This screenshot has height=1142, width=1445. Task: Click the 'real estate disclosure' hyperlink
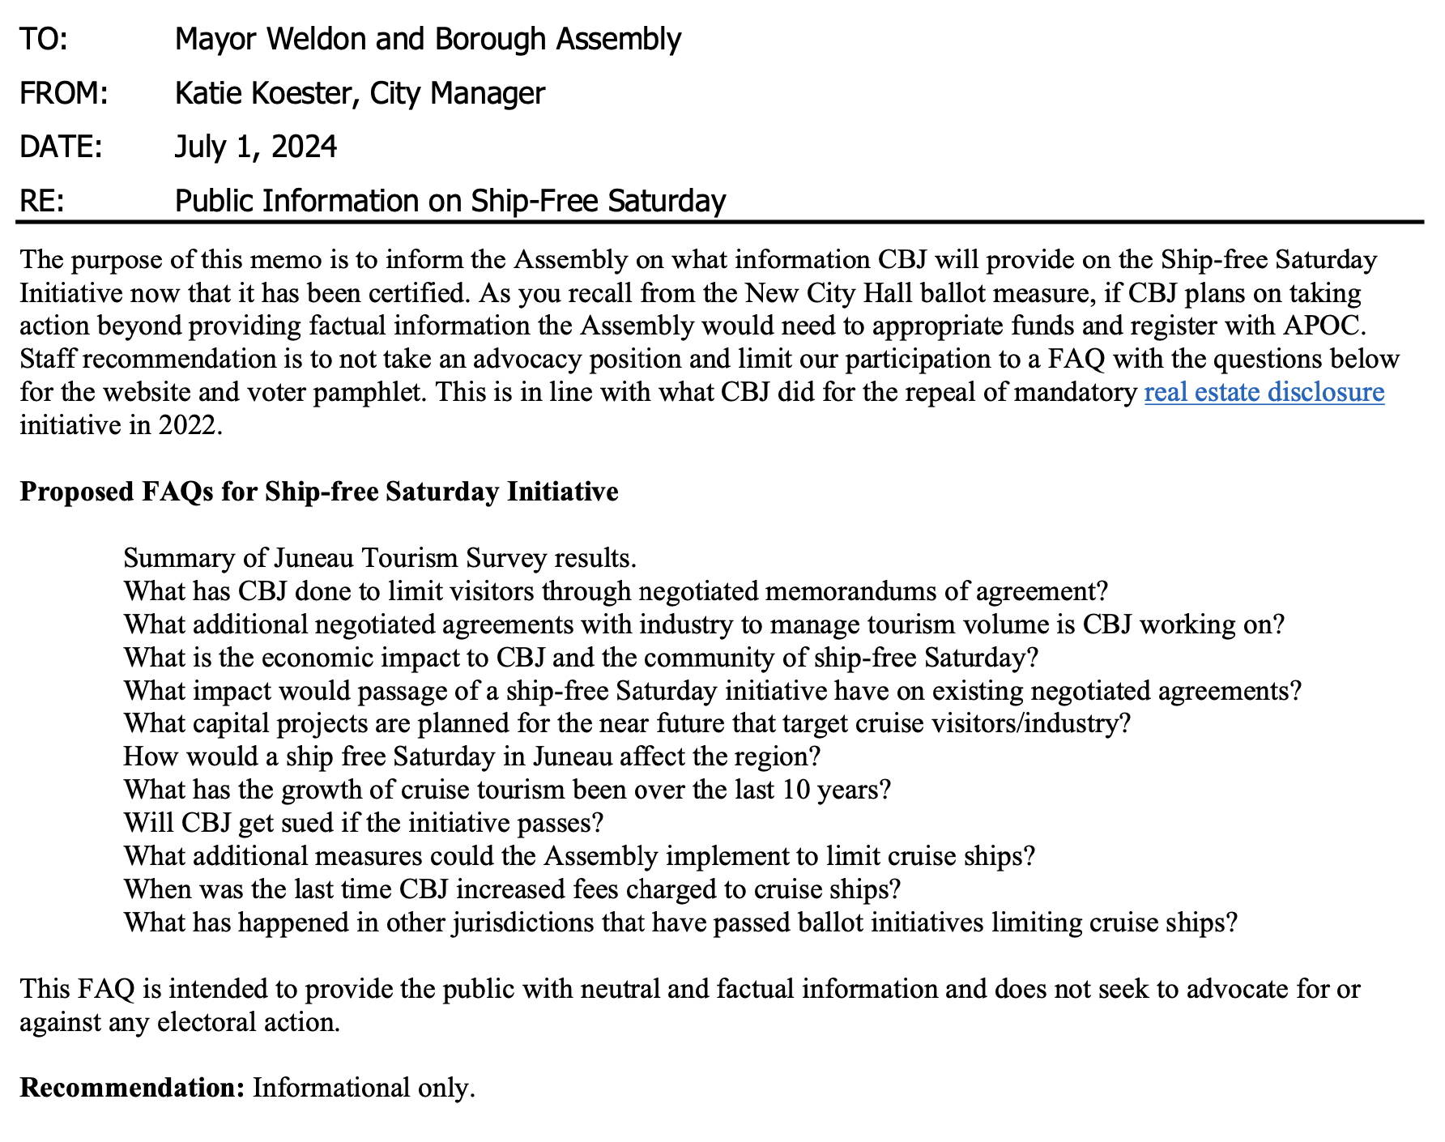pos(1264,393)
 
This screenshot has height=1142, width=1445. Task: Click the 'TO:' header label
pos(44,40)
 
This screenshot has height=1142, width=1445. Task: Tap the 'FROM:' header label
pos(64,94)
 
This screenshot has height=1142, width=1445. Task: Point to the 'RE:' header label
pos(42,201)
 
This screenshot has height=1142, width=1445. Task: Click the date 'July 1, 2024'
pos(256,147)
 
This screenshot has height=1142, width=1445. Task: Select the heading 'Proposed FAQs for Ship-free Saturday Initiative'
pos(319,492)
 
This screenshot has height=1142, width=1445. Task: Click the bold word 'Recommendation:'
pos(132,1088)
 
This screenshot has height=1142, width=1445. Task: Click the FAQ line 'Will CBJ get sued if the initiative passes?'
pos(364,823)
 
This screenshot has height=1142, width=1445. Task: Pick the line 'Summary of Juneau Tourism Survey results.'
pos(380,558)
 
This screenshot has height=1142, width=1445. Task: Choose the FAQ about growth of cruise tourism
pos(507,790)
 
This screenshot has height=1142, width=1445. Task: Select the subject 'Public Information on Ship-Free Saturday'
pos(450,201)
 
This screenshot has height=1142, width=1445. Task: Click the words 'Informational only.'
pos(364,1088)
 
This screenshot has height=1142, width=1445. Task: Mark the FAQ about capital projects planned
pos(627,723)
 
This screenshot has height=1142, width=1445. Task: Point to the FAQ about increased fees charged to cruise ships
pos(512,889)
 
